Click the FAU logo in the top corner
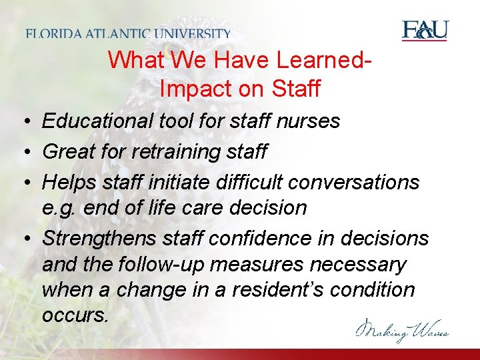point(425,31)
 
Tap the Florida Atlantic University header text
point(129,33)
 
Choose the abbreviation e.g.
point(60,208)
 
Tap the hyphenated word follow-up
point(160,265)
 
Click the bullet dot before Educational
point(23,122)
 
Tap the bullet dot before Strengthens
point(23,238)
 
